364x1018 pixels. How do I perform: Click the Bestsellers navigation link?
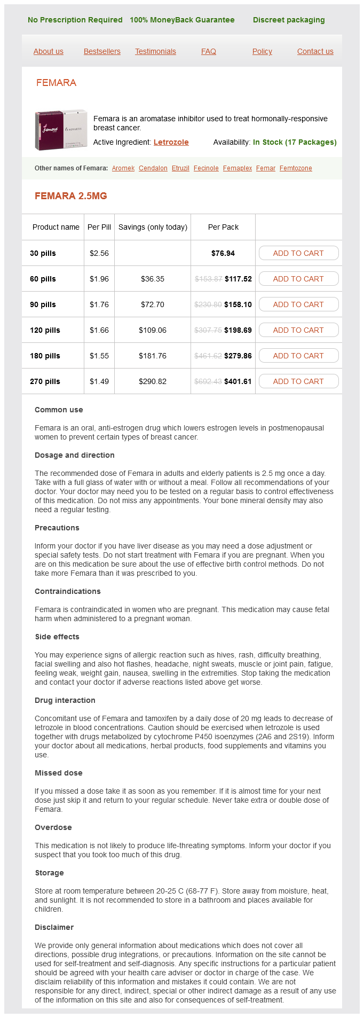pyautogui.click(x=102, y=51)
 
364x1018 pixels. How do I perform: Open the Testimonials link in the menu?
pyautogui.click(x=155, y=51)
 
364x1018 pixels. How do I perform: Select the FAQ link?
pyautogui.click(x=209, y=51)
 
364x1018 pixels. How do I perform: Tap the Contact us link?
pyautogui.click(x=315, y=51)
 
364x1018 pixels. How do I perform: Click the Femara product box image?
pyautogui.click(x=61, y=130)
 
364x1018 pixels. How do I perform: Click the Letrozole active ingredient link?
pyautogui.click(x=171, y=142)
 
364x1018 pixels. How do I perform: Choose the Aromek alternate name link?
pyautogui.click(x=123, y=168)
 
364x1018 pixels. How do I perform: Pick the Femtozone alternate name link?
pyautogui.click(x=296, y=168)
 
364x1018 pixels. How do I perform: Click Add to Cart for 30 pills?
pyautogui.click(x=298, y=253)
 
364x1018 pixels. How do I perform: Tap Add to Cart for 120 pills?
pyautogui.click(x=298, y=330)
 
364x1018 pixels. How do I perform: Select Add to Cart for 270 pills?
pyautogui.click(x=298, y=381)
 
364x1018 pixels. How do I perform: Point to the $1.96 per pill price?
pyautogui.click(x=99, y=279)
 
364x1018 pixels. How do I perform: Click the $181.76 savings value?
pyautogui.click(x=153, y=356)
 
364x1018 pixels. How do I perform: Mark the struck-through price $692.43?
pyautogui.click(x=208, y=381)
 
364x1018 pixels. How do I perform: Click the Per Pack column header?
pyautogui.click(x=223, y=227)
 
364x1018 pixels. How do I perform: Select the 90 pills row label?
pyautogui.click(x=43, y=304)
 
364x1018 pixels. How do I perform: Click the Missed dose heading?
pyautogui.click(x=59, y=773)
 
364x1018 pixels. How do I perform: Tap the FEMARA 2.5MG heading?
pyautogui.click(x=71, y=196)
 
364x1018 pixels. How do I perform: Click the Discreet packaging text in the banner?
pyautogui.click(x=289, y=20)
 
